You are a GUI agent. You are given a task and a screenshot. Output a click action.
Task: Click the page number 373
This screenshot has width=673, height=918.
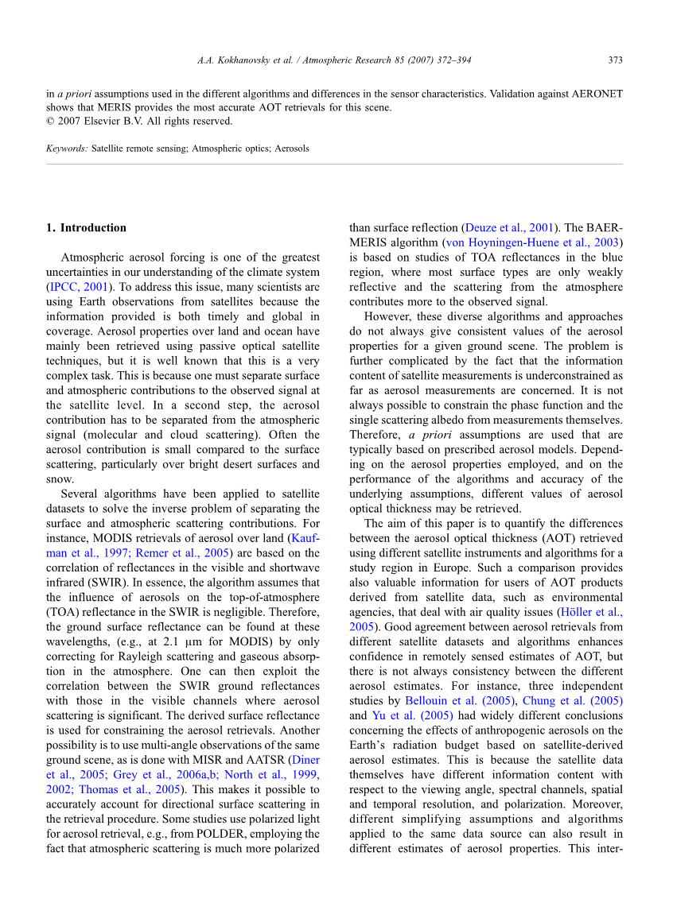point(615,60)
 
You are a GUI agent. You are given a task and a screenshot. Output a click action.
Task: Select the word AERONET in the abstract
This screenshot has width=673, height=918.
point(595,94)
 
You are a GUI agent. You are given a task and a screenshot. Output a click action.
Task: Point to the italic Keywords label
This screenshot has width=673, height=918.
point(67,149)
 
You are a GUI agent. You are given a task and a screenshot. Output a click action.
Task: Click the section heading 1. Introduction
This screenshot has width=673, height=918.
point(86,228)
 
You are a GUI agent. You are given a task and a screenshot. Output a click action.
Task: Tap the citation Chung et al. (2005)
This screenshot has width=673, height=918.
point(573,701)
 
